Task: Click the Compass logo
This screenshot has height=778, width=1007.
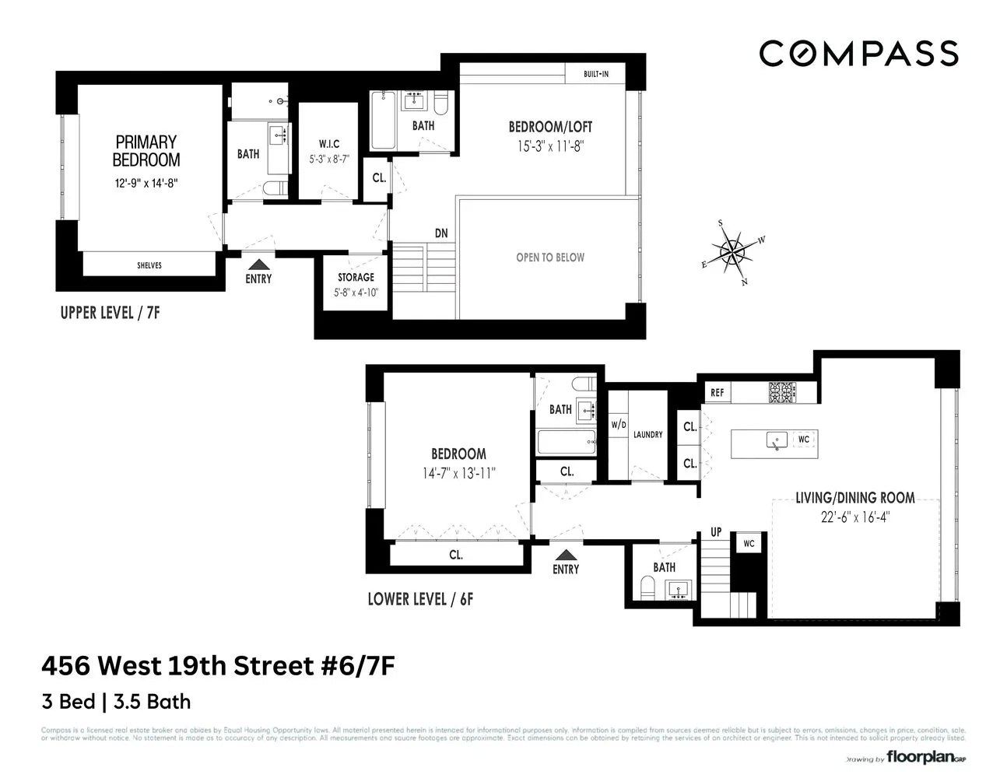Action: pos(858,54)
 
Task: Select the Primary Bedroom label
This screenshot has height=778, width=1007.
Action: pos(147,151)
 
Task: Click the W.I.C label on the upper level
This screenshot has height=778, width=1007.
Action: pos(329,144)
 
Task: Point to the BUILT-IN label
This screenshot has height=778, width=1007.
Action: pos(595,75)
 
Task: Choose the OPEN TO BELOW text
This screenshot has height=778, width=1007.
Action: pos(550,258)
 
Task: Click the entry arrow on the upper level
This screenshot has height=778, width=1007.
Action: pos(258,266)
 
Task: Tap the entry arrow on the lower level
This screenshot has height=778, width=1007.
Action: pos(566,555)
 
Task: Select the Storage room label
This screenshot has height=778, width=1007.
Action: pos(356,278)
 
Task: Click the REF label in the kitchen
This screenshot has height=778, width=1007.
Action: pos(718,393)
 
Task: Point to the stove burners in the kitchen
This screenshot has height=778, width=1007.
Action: pos(780,393)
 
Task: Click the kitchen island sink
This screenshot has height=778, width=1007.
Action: pos(776,440)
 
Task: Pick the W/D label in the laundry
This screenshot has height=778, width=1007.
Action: pos(619,425)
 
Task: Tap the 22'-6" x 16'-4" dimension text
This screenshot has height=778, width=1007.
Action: pos(854,516)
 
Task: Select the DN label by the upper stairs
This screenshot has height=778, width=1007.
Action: pos(441,233)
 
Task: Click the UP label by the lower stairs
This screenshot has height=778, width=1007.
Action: pos(716,532)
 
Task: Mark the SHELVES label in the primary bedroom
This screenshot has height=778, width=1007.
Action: pos(149,265)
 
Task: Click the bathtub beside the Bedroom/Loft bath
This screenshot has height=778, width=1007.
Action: pos(383,121)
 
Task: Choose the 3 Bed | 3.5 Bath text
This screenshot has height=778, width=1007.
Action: pos(116,701)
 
